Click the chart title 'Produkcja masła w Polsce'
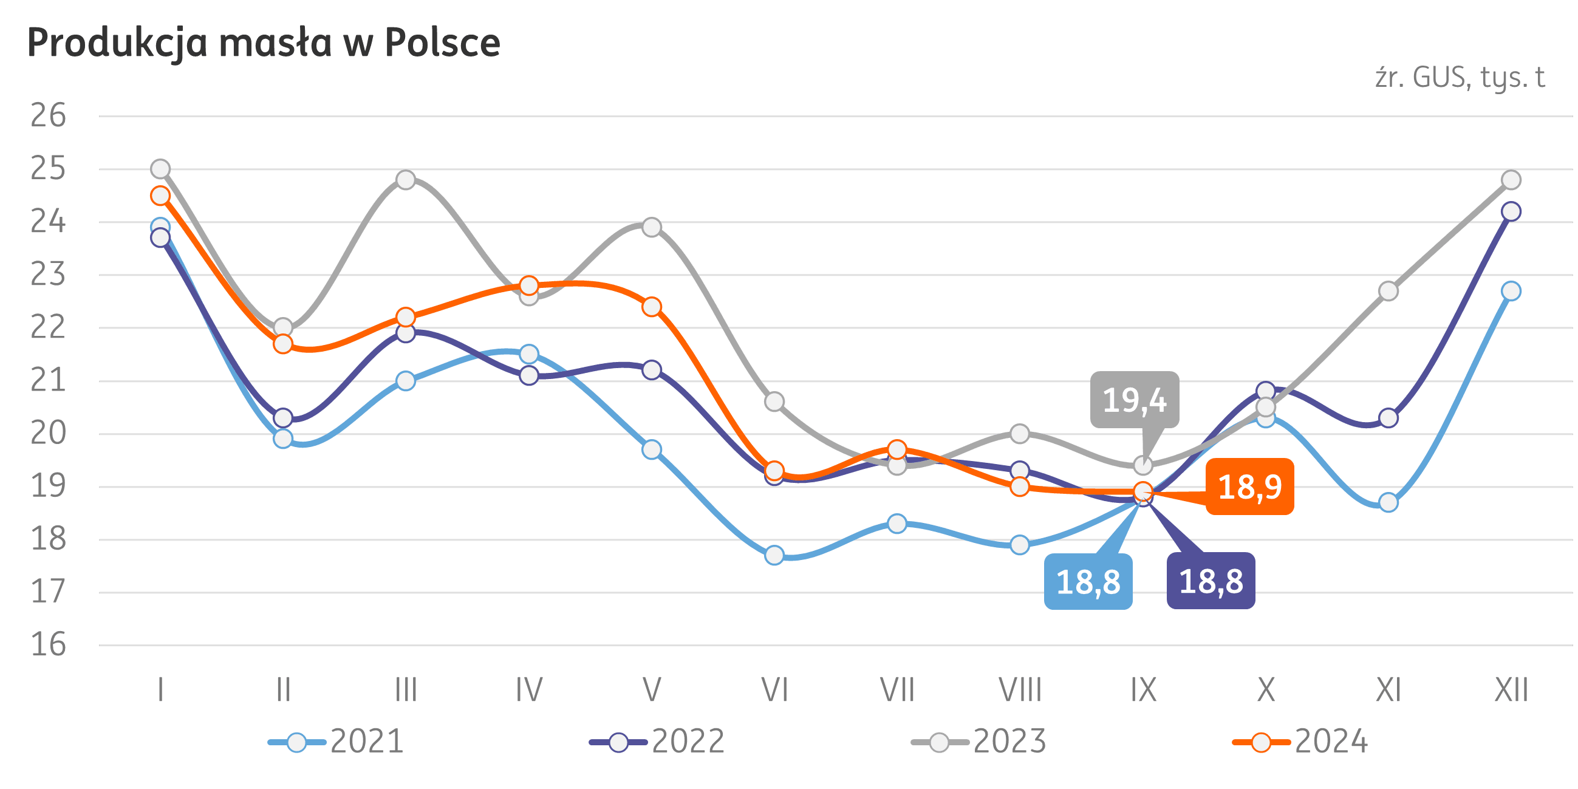click(x=264, y=43)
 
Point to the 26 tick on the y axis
click(x=49, y=116)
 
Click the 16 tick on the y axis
click(x=49, y=645)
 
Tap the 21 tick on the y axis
click(x=49, y=381)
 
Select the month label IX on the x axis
click(x=1143, y=691)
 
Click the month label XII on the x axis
click(x=1511, y=691)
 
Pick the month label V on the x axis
click(x=652, y=691)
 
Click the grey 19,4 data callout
click(x=1135, y=400)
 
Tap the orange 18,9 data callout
click(x=1249, y=487)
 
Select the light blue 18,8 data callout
click(x=1088, y=581)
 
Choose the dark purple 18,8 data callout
click(x=1211, y=581)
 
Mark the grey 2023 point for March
click(x=406, y=180)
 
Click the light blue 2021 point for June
click(x=774, y=555)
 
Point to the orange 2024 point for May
click(x=652, y=306)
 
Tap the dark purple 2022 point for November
click(x=1388, y=418)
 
